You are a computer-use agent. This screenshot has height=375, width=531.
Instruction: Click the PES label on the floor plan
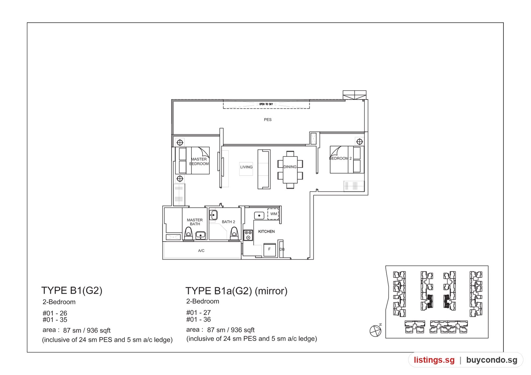pos(267,120)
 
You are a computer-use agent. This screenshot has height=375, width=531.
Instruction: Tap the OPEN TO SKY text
pos(266,104)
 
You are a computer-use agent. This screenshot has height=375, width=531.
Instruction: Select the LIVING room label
pos(246,167)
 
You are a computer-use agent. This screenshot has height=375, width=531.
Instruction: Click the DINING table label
pos(290,167)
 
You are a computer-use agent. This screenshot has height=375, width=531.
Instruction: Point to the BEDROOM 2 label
pos(341,158)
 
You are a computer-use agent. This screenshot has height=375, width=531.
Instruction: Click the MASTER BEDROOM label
pos(199,161)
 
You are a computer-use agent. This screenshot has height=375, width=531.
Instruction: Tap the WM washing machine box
pos(273,214)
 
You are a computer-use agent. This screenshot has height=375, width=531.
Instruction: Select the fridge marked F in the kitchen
pos(269,250)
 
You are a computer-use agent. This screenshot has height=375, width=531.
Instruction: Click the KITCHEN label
pos(266,231)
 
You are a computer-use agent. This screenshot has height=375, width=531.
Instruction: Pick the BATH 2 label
pos(228,222)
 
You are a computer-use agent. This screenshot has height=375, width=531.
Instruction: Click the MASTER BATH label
pos(195,222)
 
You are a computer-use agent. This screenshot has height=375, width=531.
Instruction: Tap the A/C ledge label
pos(201,251)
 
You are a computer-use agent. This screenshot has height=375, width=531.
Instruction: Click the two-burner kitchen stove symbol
pos(248,235)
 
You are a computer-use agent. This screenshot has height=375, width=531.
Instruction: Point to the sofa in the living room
pos(264,169)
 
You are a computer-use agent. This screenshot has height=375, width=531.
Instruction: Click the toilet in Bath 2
pos(234,234)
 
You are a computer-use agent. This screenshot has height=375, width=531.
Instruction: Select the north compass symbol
pos(376,330)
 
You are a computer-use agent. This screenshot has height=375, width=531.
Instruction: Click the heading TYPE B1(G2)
pos(72,290)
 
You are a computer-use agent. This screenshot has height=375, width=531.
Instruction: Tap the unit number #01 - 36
pos(198,320)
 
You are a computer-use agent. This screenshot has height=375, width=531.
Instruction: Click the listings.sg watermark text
pos(434,360)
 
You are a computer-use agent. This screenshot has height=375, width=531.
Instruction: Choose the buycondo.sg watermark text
pos(492,360)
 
